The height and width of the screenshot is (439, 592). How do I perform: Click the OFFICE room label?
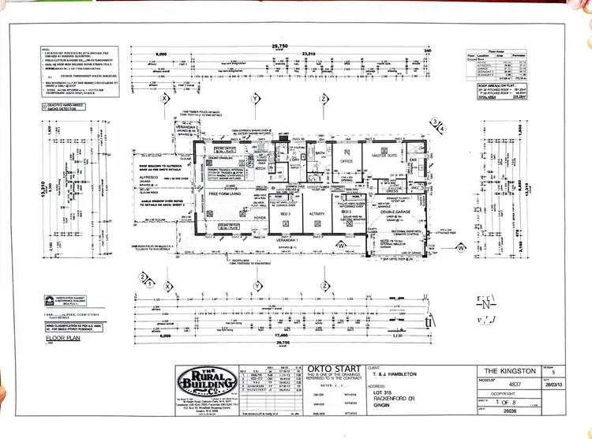[x=345, y=164]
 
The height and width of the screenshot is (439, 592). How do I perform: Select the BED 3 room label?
[x=286, y=213]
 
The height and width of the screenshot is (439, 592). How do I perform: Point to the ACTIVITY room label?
[x=317, y=213]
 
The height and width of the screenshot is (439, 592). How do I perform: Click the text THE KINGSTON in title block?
[x=510, y=370]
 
